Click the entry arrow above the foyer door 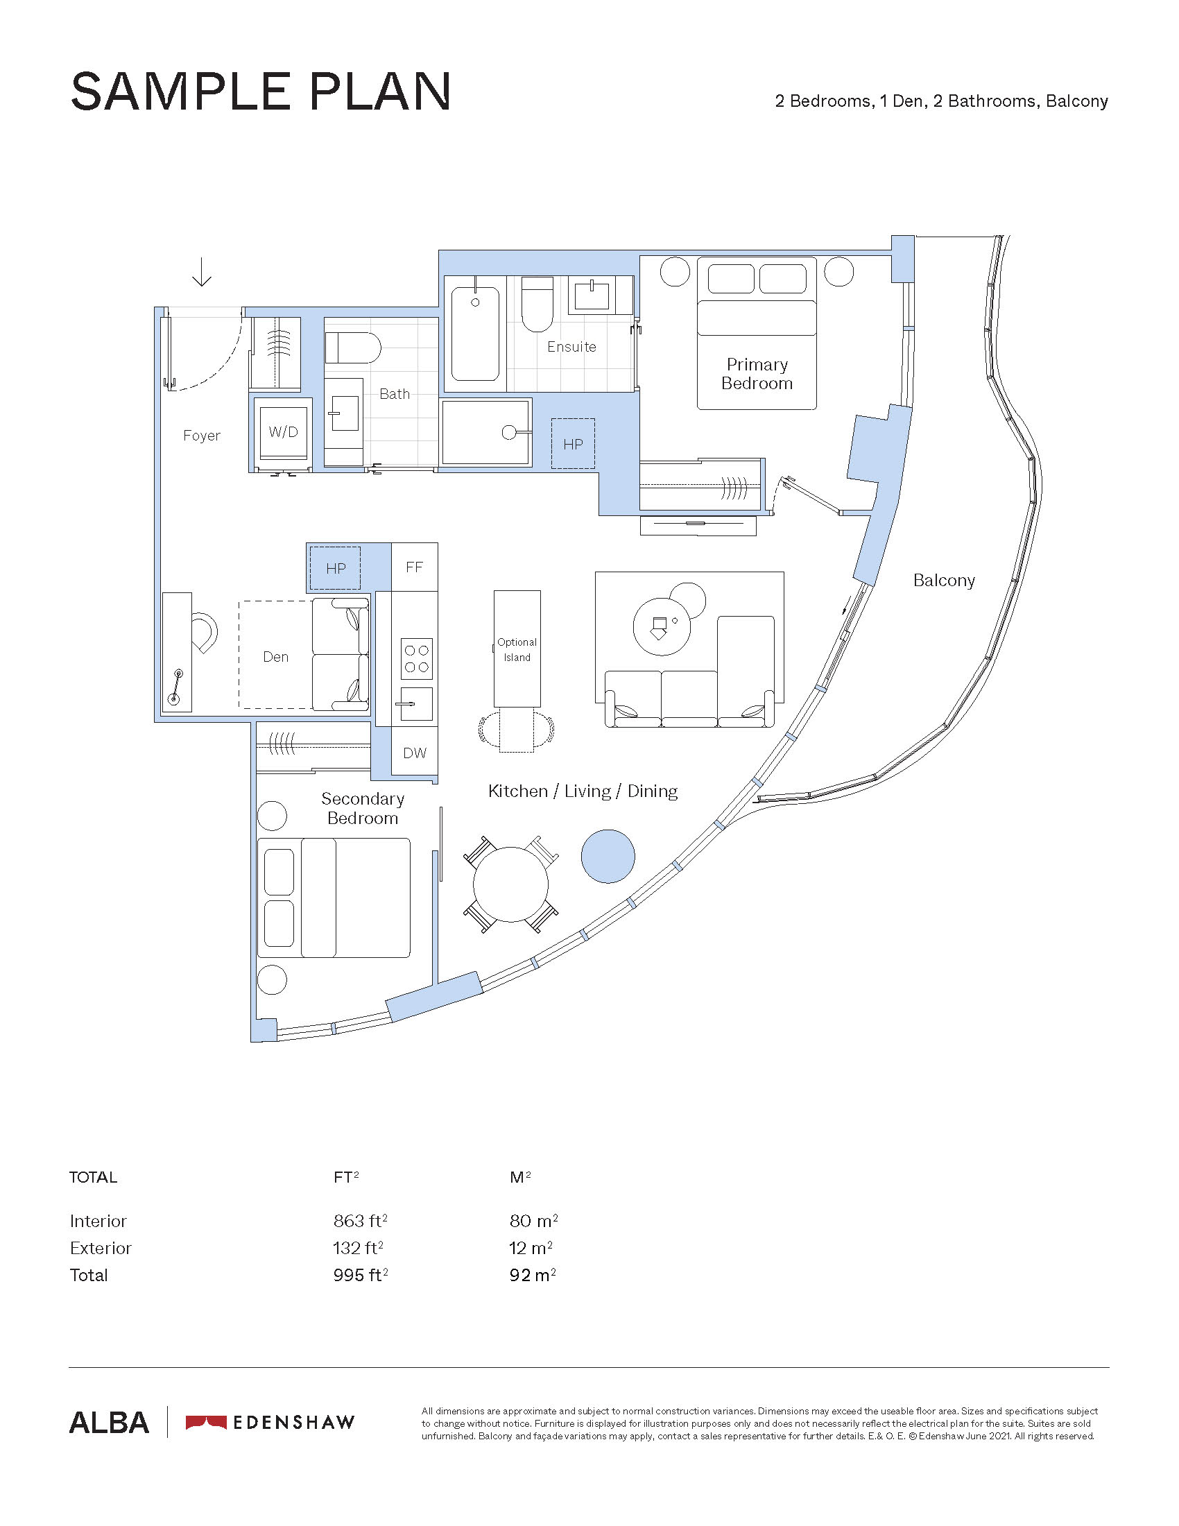(x=202, y=272)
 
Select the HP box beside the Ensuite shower (x=573, y=444)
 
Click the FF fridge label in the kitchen (x=414, y=567)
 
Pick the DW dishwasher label (x=415, y=753)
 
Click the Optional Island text (x=517, y=649)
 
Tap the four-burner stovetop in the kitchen (x=416, y=658)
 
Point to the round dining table (x=510, y=884)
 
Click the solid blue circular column (x=608, y=856)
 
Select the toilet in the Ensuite (x=537, y=304)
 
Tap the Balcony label (x=944, y=581)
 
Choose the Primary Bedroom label (x=757, y=374)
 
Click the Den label (x=275, y=657)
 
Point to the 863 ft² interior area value (x=361, y=1221)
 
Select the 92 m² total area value (x=533, y=1275)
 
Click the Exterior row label (x=101, y=1248)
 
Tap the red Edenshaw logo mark (x=206, y=1422)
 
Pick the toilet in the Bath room (x=353, y=348)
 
